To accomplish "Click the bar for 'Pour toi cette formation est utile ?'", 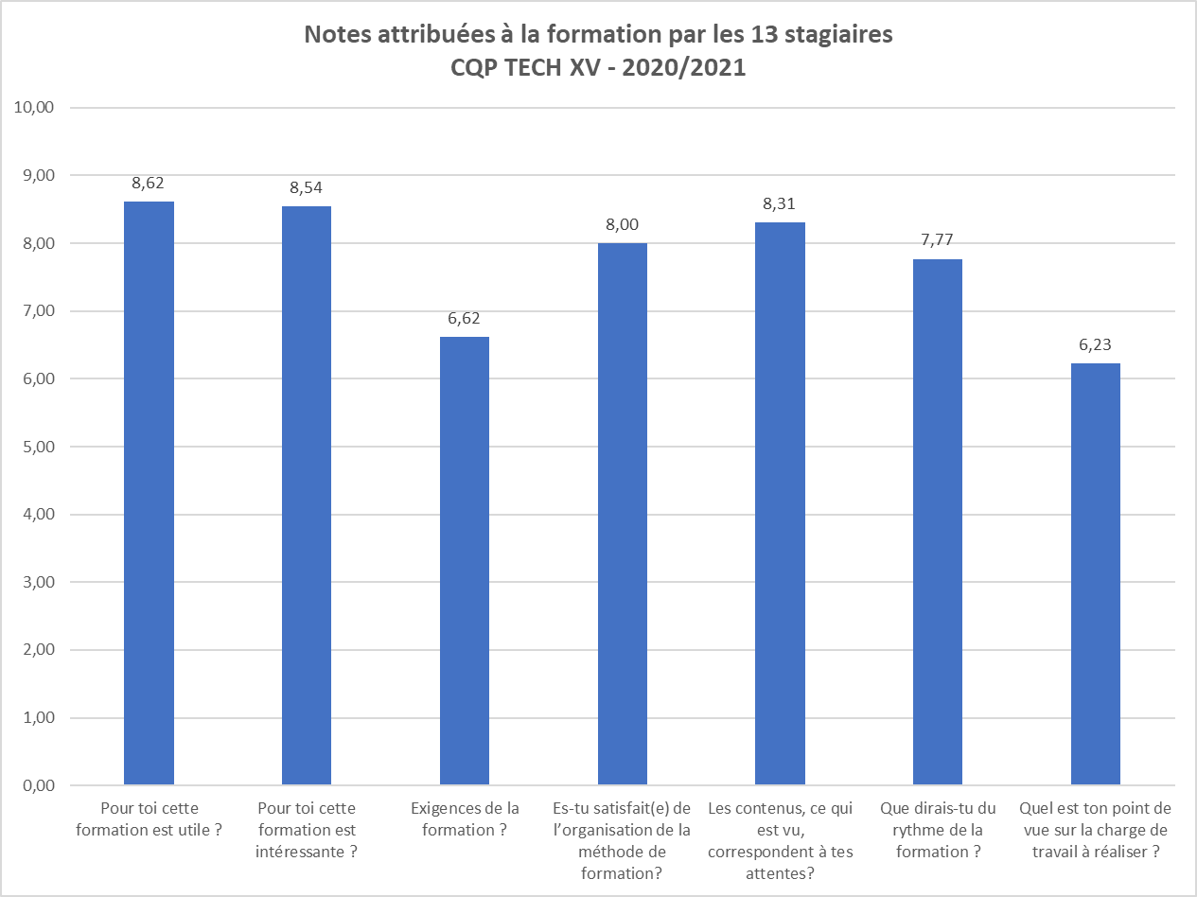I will (149, 492).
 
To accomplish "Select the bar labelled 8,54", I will (307, 495).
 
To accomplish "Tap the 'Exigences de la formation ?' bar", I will (465, 560).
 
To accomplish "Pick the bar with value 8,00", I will (623, 514).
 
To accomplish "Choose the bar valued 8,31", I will (780, 503).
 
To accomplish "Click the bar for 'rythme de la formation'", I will (938, 521).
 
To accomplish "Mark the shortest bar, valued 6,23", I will (1096, 573).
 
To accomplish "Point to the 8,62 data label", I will (149, 184).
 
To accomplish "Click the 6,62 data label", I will (465, 319).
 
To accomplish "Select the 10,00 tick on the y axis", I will (36, 107).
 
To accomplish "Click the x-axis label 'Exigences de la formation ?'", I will (465, 818).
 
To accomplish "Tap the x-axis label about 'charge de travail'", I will (1096, 830).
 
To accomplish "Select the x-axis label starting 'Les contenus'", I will (780, 840).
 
